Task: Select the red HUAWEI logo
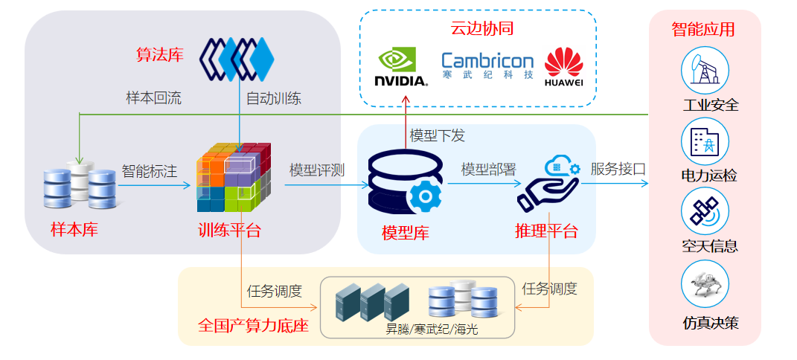[x=563, y=68]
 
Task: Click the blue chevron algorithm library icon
[x=238, y=58]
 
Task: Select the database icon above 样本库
[x=80, y=186]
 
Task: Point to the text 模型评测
[x=317, y=170]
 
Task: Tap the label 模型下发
[x=437, y=135]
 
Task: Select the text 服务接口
[x=618, y=170]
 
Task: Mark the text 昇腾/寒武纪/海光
[x=431, y=328]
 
